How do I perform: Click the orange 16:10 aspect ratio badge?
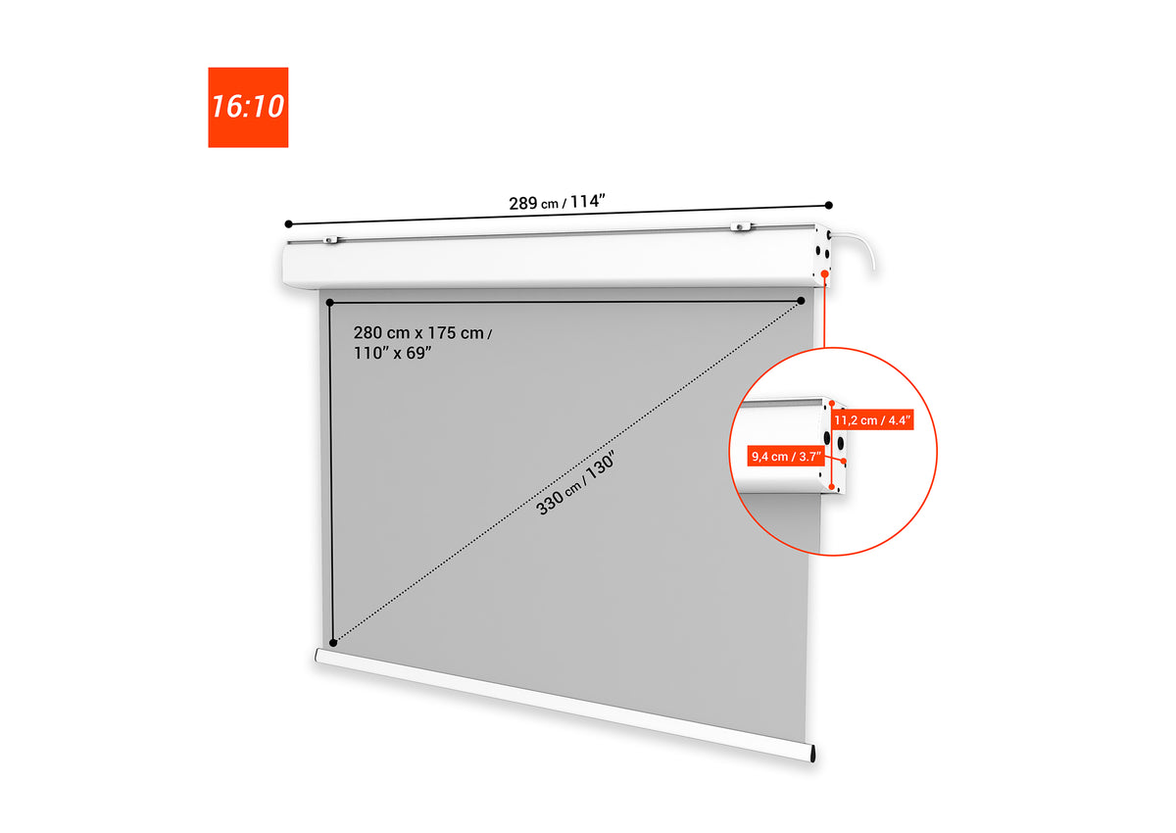click(248, 107)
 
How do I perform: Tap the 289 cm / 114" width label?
click(557, 202)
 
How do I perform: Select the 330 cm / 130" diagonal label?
click(575, 484)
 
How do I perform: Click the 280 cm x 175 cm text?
click(422, 333)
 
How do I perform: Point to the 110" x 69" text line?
click(393, 353)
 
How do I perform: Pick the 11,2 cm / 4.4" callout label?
click(872, 419)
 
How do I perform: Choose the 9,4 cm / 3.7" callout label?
click(786, 456)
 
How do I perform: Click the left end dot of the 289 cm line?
click(288, 224)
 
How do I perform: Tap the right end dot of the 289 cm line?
click(828, 205)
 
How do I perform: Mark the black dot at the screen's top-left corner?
click(329, 303)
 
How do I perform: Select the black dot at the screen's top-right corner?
click(801, 301)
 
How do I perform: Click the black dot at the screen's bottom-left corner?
click(333, 643)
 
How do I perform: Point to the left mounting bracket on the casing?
click(331, 240)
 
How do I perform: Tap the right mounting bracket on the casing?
click(741, 226)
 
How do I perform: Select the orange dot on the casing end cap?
click(825, 274)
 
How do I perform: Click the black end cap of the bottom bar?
click(812, 754)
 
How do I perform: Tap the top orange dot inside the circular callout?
click(832, 404)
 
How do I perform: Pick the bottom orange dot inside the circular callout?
click(832, 487)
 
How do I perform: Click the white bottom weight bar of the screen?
click(564, 705)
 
